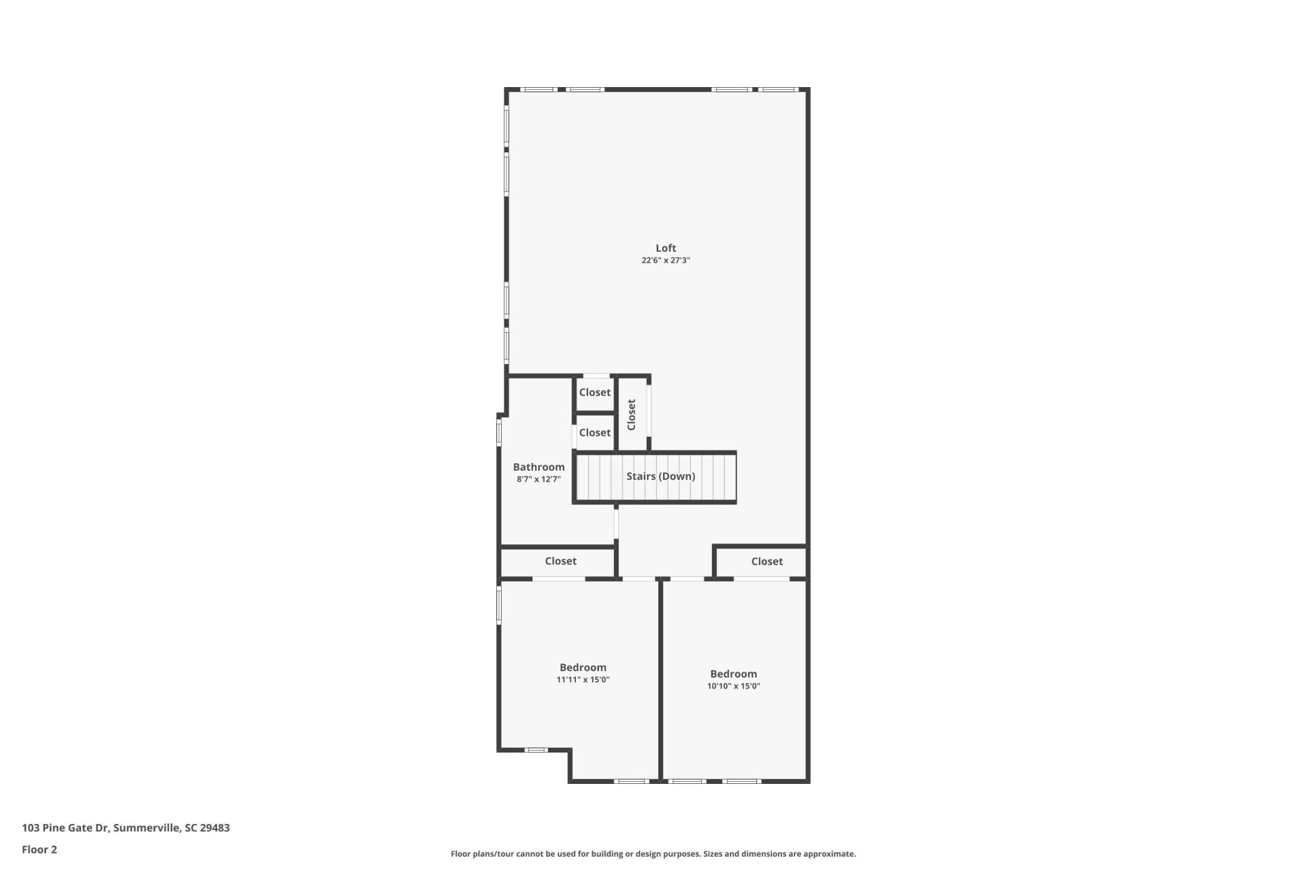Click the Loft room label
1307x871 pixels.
point(665,248)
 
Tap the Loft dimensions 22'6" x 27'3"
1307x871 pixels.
point(665,261)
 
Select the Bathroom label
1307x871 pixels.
point(538,467)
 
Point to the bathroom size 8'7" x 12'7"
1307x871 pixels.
point(538,479)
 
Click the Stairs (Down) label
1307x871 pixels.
point(660,476)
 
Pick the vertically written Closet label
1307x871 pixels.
point(631,414)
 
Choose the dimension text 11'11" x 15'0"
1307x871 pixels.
point(583,680)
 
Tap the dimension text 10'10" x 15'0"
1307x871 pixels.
point(733,686)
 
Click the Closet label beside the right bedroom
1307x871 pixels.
point(767,561)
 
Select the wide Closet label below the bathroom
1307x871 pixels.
point(560,561)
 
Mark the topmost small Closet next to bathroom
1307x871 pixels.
point(594,393)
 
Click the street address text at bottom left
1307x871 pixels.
point(126,828)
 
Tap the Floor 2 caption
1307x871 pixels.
point(39,849)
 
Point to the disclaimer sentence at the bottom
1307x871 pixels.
point(653,854)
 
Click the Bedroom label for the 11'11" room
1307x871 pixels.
point(583,668)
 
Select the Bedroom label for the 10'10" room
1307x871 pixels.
point(733,674)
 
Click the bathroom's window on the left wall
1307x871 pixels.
point(499,432)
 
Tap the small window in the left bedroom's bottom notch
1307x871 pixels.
point(536,750)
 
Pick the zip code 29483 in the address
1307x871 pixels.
point(214,828)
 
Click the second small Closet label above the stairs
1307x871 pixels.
point(594,433)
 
